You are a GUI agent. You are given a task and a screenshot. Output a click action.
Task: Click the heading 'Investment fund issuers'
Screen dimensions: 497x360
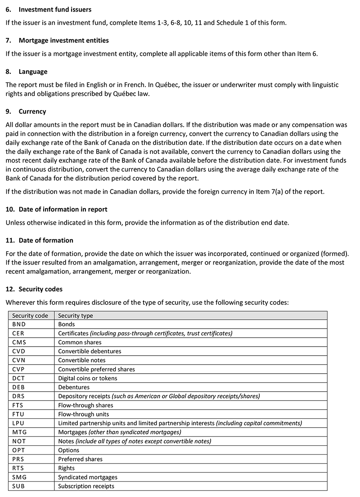pyautogui.click(x=55, y=9)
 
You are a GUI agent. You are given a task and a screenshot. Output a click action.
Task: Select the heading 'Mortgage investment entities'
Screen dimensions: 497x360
pyautogui.click(x=63, y=41)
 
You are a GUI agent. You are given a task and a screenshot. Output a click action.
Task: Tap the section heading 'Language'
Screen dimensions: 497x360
pyautogui.click(x=33, y=72)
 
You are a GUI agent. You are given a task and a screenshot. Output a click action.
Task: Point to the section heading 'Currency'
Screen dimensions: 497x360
pyautogui.click(x=32, y=111)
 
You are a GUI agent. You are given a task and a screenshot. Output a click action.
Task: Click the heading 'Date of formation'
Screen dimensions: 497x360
pyautogui.click(x=46, y=240)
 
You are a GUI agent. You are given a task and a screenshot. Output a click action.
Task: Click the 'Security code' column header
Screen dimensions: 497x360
pyautogui.click(x=30, y=316)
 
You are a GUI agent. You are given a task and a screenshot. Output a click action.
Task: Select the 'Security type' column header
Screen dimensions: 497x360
pyautogui.click(x=76, y=316)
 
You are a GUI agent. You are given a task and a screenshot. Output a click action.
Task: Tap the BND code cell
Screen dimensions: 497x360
pyautogui.click(x=19, y=324)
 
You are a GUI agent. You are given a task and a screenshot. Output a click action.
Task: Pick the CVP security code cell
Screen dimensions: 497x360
pyautogui.click(x=19, y=369)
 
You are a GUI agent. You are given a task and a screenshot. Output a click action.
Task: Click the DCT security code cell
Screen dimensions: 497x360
pyautogui.click(x=19, y=378)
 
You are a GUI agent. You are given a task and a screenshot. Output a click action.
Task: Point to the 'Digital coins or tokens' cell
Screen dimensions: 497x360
pyautogui.click(x=88, y=378)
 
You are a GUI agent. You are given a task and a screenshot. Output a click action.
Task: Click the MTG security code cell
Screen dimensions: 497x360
pyautogui.click(x=19, y=432)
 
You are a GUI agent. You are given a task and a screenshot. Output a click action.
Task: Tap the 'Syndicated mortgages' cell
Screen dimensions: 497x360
pyautogui.click(x=88, y=477)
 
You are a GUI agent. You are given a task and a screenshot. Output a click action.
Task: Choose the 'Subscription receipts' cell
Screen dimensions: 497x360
pyautogui.click(x=86, y=486)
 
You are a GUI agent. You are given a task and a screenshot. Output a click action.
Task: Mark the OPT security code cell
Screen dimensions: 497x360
pyautogui.click(x=19, y=450)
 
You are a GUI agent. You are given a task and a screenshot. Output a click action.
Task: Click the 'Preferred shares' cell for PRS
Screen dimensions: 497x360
pyautogui.click(x=81, y=459)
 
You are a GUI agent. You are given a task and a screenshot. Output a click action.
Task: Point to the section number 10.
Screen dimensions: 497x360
pyautogui.click(x=9, y=209)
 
